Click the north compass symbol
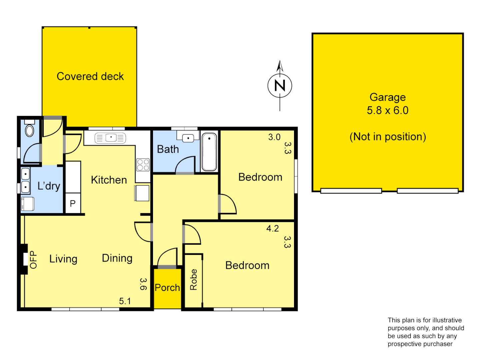(280, 86)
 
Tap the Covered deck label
(90, 76)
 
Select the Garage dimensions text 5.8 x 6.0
(387, 110)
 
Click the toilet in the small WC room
(30, 130)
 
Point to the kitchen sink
(110, 138)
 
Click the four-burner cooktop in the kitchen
(143, 165)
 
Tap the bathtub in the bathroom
(209, 152)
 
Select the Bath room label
(168, 149)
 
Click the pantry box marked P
(73, 203)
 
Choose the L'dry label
(49, 186)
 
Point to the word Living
(63, 259)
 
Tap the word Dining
(117, 258)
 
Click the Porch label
(167, 288)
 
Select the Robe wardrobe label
(193, 280)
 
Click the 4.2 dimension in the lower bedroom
(272, 228)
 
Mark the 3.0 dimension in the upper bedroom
(274, 137)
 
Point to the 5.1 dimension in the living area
(125, 301)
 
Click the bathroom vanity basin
(188, 137)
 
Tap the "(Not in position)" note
(388, 137)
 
